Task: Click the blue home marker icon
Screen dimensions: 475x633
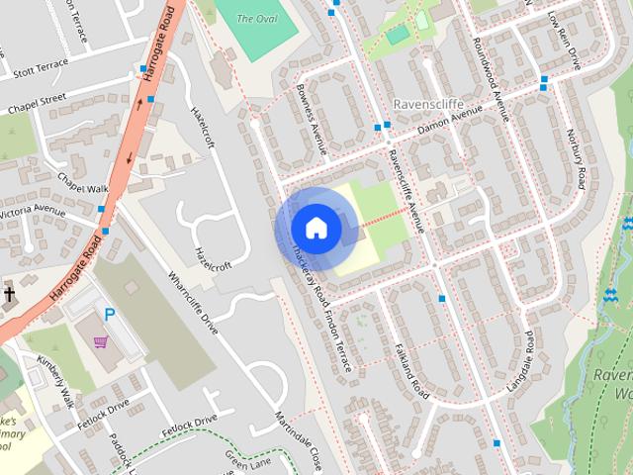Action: pos(316,228)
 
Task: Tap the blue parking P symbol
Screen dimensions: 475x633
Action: pos(111,315)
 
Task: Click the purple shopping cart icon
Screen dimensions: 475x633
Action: pos(99,341)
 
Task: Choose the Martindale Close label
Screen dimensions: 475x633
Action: pos(298,439)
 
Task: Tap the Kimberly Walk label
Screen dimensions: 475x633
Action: pos(56,380)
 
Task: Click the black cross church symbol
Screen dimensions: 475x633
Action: pos(9,294)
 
